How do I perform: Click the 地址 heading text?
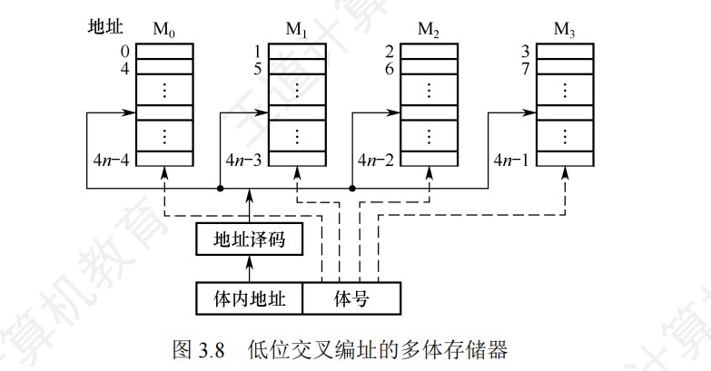(98, 28)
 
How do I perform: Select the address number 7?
(525, 66)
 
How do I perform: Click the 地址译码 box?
(248, 239)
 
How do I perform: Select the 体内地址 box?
(249, 297)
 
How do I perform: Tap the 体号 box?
(350, 297)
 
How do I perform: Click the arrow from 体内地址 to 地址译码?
(249, 268)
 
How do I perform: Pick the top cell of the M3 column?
(565, 51)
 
